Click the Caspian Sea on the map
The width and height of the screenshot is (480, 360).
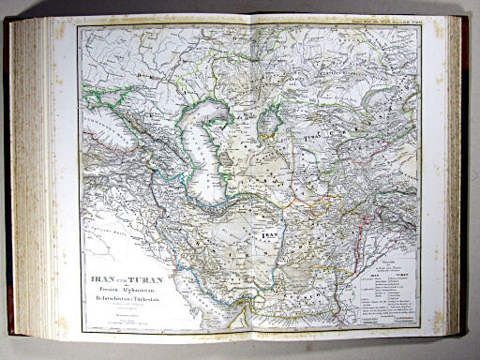(x=207, y=150)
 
